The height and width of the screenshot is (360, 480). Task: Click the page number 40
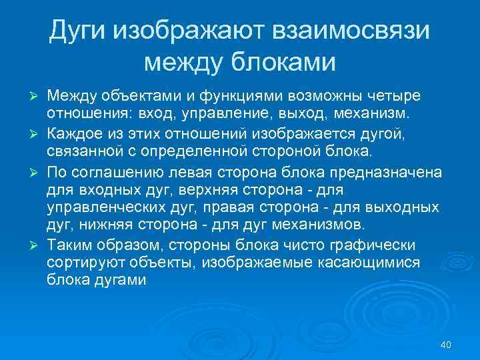coord(446,345)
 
